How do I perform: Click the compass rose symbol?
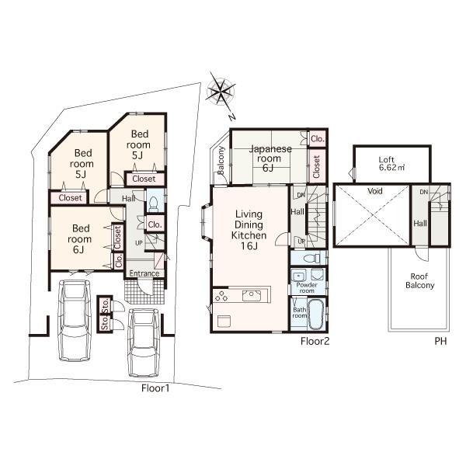click(x=221, y=92)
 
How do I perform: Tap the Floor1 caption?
click(x=155, y=388)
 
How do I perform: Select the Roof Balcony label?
click(x=419, y=280)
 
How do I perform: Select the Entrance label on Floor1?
click(x=144, y=273)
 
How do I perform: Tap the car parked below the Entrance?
click(x=144, y=341)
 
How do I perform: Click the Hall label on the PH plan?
click(x=420, y=224)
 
